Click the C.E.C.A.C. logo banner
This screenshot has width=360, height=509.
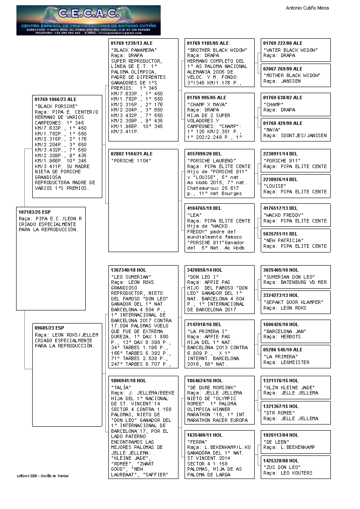pos(88,20)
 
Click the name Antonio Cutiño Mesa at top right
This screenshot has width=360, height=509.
pos(307,8)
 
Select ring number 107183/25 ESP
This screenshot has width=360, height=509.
pos(35,212)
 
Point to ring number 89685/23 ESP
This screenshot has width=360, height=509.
pos(49,328)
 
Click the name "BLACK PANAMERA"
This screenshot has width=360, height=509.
pos(131,50)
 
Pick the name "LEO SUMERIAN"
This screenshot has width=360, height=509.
pos(131,277)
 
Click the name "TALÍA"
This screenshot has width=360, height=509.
pos(120,388)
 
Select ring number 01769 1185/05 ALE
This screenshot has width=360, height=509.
pos(208,44)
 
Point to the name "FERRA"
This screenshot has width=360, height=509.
pos(196,442)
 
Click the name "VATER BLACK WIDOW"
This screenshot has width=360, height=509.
pos(290,50)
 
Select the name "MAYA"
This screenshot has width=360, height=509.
pos(272,130)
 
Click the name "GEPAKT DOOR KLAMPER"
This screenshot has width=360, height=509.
pos(293,302)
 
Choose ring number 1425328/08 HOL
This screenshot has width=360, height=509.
pos(281,461)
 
